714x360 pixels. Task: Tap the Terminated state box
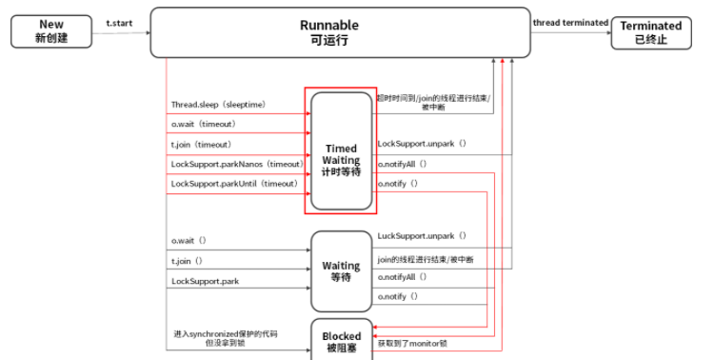[x=651, y=32]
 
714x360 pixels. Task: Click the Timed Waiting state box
[x=341, y=150]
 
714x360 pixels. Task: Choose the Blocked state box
[x=341, y=341]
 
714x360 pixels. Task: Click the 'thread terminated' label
[x=570, y=22]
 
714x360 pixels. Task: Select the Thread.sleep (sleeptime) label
[x=218, y=105]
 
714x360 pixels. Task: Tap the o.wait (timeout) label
[x=203, y=124]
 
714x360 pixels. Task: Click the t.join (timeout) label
[x=202, y=144]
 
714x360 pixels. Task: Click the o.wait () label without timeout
[x=188, y=241]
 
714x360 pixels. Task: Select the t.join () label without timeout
[x=188, y=261]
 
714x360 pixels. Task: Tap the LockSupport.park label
[x=205, y=281]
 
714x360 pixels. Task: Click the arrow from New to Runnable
[x=120, y=31]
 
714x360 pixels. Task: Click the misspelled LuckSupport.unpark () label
[x=422, y=235]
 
